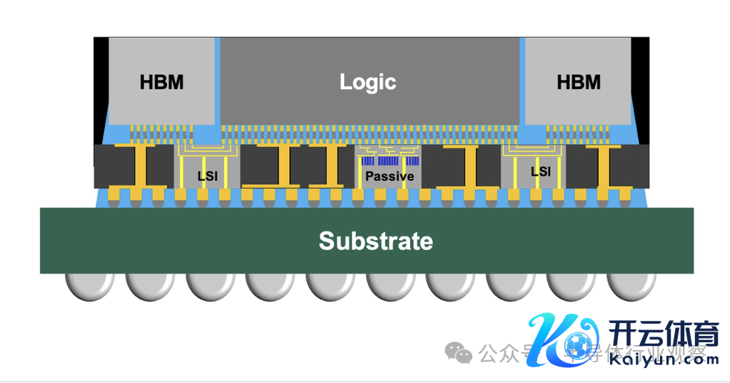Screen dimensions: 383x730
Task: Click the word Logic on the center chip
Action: click(x=368, y=81)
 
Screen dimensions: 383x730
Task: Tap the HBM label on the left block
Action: click(x=161, y=82)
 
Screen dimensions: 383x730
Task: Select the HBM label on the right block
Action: click(x=579, y=82)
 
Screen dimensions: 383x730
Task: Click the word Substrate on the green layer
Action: click(x=376, y=241)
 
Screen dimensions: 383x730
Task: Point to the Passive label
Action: click(x=389, y=176)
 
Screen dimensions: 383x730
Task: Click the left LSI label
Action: click(x=207, y=175)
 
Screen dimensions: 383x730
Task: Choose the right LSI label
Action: click(x=541, y=171)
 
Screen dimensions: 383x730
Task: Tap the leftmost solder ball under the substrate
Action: click(x=89, y=287)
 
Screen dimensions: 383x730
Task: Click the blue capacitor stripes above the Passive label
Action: click(x=389, y=161)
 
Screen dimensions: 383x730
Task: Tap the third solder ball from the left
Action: click(x=210, y=287)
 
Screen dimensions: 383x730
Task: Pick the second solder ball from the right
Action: click(x=571, y=287)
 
